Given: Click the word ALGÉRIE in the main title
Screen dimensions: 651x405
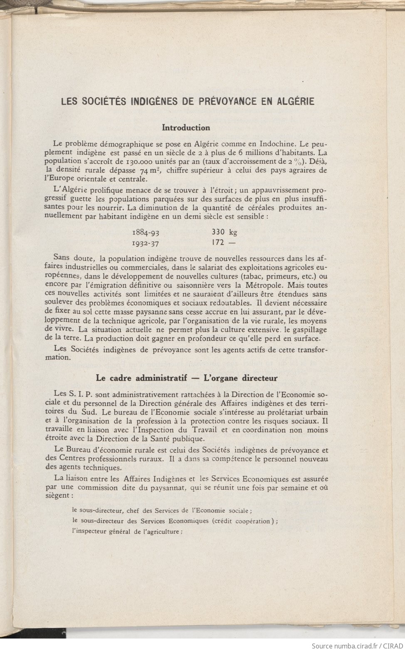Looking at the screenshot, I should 296,101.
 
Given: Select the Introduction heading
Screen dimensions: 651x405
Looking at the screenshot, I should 186,128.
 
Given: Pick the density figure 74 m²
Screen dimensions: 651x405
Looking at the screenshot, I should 150,170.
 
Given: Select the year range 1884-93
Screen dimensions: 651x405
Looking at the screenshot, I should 146,232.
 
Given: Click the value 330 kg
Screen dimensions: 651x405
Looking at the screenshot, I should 224,232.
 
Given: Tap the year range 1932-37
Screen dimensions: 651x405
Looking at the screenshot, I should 146,243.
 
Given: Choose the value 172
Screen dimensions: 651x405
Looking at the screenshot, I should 218,242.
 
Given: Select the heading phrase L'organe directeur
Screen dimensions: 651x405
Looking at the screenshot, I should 240,378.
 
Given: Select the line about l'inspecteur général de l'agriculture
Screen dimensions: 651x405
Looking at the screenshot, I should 127,531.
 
